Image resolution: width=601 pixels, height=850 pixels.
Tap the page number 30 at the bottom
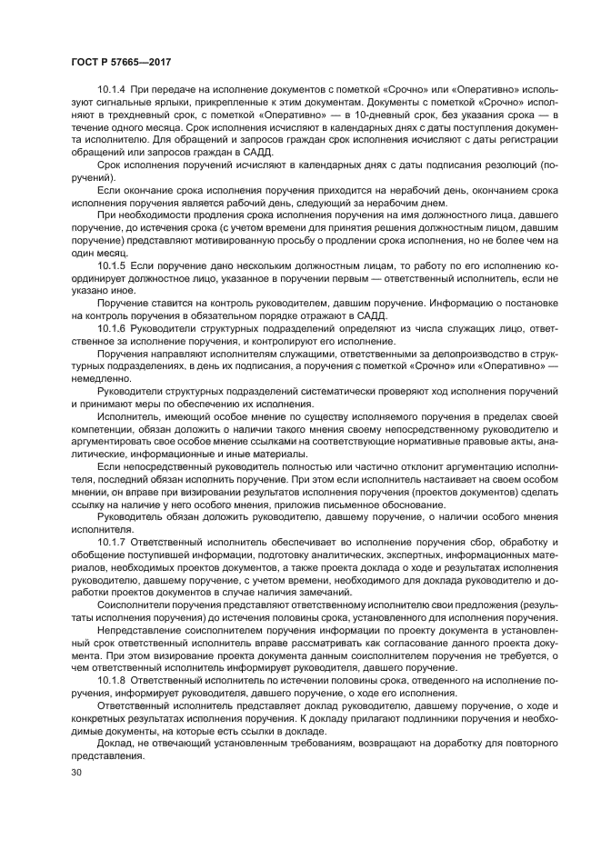pos(75,773)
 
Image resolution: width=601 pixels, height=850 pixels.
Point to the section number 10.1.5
pos(113,264)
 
